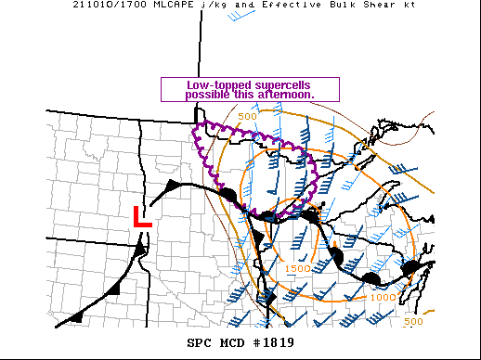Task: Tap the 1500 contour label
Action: coord(297,268)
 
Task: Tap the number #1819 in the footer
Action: coord(269,341)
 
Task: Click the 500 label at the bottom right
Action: coord(414,321)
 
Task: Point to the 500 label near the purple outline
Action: coord(247,116)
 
